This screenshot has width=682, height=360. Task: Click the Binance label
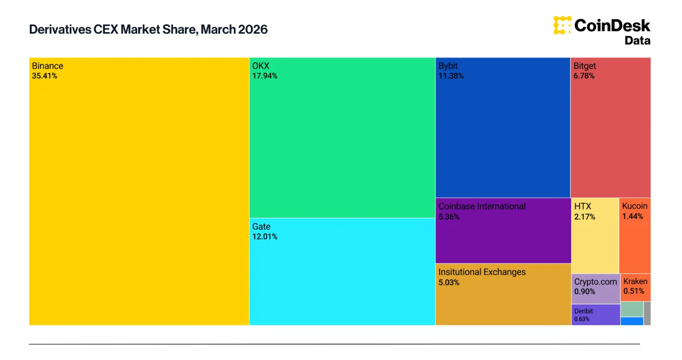48,66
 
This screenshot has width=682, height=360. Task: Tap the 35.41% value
45,76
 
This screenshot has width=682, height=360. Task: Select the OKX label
261,66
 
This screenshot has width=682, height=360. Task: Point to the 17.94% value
265,76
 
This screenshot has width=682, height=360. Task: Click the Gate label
261,227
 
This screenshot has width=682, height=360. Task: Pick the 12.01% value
265,237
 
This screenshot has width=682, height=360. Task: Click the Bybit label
448,66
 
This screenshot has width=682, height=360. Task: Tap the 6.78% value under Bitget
584,76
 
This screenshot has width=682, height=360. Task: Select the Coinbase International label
482,206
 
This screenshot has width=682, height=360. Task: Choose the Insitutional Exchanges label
482,272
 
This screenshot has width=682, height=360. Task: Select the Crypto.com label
595,282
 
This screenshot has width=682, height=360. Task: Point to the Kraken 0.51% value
634,291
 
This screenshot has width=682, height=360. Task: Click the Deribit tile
595,314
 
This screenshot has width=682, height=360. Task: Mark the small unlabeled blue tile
631,321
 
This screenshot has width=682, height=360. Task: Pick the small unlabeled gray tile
647,313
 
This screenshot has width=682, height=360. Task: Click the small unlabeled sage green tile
631,309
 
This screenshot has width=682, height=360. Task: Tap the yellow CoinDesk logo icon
562,25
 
